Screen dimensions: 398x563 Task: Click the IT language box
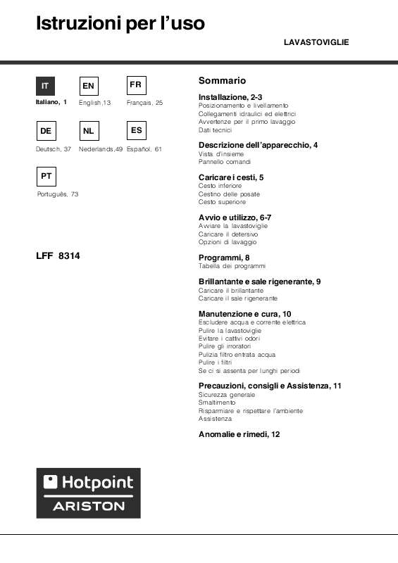46,85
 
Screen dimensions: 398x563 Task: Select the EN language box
89,85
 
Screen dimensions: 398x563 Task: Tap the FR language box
136,84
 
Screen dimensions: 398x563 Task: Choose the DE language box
46,131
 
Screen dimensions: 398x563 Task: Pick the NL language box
89,131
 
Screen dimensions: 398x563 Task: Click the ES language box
136,130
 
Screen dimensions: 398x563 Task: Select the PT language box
46,176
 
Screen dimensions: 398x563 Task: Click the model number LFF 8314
58,256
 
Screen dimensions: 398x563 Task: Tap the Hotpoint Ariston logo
88,493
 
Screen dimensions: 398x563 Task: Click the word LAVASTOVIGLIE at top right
316,43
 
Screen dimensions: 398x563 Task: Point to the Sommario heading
222,81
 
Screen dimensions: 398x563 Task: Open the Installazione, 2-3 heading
230,96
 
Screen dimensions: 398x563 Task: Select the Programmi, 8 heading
224,258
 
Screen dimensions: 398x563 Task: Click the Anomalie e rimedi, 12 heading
240,434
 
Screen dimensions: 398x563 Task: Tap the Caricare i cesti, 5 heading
231,177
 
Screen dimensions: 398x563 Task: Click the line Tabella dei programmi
232,266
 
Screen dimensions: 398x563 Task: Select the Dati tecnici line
215,130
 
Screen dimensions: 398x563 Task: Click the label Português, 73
57,194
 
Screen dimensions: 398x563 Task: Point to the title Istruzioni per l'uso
120,24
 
